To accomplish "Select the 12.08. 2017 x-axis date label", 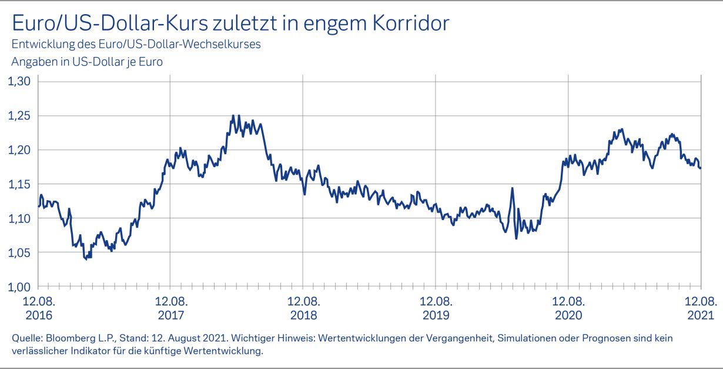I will pos(170,307).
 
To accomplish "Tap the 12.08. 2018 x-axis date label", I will pos(303,307).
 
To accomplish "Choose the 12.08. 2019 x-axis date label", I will pos(436,307).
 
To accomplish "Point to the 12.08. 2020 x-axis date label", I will pos(568,307).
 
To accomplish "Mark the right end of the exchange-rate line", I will pos(700,168).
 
